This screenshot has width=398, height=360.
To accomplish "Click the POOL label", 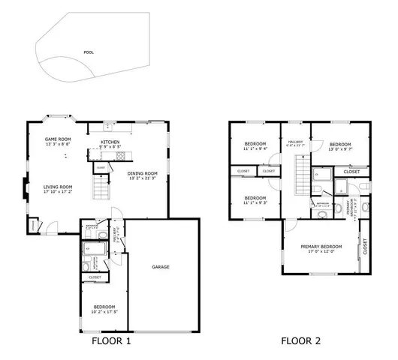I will pyautogui.click(x=89, y=52).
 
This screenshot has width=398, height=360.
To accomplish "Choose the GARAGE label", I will pyautogui.click(x=159, y=267).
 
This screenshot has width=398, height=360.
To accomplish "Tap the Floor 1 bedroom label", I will pyautogui.click(x=104, y=306).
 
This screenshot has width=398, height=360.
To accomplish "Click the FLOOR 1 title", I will pyautogui.click(x=111, y=341).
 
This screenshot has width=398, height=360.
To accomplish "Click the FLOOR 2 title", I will pyautogui.click(x=301, y=341).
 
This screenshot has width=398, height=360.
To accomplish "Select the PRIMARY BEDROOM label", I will pyautogui.click(x=321, y=247).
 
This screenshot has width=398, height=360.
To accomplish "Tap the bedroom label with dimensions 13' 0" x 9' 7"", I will pyautogui.click(x=340, y=145).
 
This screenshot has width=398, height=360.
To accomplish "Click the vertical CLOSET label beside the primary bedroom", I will pyautogui.click(x=366, y=247).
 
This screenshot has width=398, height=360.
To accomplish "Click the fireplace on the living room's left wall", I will pyautogui.click(x=27, y=187).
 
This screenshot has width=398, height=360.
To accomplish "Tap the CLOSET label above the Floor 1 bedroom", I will pyautogui.click(x=95, y=277).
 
